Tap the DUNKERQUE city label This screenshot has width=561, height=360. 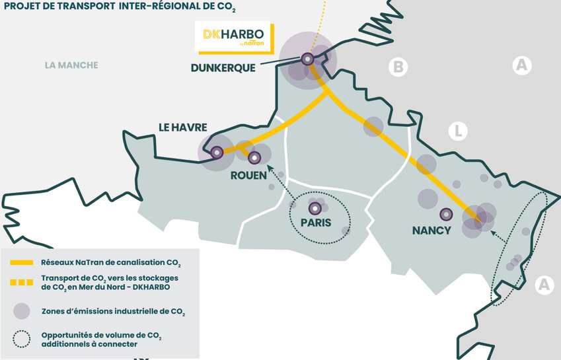click(x=223, y=68)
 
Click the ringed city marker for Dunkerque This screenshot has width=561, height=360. click(x=307, y=59)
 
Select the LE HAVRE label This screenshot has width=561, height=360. click(x=182, y=127)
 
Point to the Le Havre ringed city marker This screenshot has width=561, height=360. click(x=216, y=153)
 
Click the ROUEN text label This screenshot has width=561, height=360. click(x=248, y=175)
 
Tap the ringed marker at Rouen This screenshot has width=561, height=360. click(x=254, y=157)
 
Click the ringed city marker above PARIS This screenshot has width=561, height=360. click(x=315, y=208)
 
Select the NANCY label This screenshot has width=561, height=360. click(x=431, y=231)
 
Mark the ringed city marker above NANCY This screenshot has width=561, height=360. click(x=446, y=214)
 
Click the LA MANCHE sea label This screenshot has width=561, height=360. click(x=71, y=65)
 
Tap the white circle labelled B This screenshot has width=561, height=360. click(x=397, y=67)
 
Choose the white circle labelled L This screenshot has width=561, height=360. click(x=457, y=131)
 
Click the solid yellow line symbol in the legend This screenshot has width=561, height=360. click(x=22, y=262)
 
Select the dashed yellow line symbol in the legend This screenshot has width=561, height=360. click(x=22, y=283)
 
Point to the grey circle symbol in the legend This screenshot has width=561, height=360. click(x=22, y=311)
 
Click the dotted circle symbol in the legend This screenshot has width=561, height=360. click(x=22, y=339)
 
